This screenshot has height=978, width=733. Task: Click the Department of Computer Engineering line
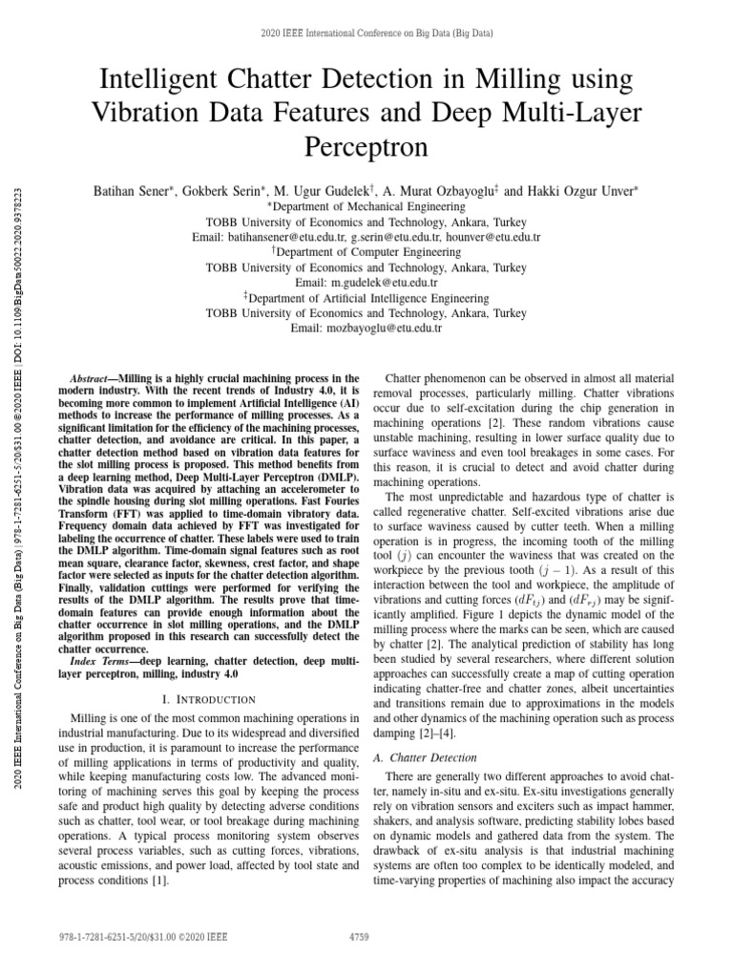(366, 252)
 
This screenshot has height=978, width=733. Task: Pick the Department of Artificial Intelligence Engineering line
(366, 297)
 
